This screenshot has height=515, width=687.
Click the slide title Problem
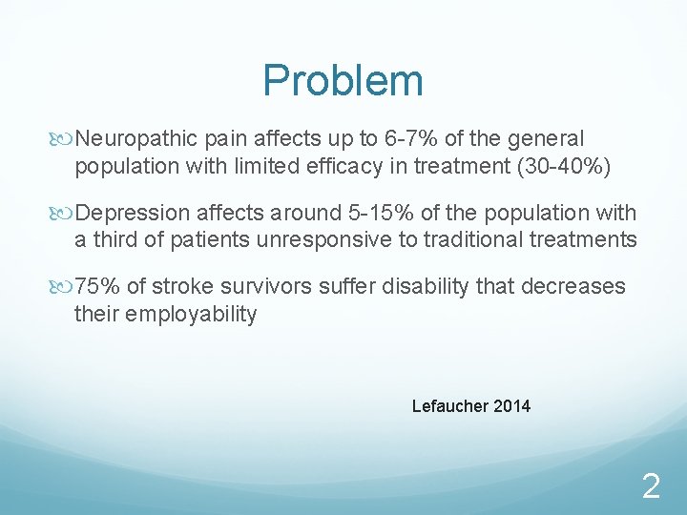[343, 81]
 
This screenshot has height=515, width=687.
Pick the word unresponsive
[323, 240]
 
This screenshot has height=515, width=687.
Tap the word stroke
[182, 287]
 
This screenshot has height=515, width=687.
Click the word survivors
[260, 287]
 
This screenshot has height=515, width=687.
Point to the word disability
[425, 287]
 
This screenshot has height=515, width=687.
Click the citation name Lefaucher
[450, 406]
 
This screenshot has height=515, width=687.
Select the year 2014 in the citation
[512, 406]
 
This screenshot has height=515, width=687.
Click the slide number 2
[651, 488]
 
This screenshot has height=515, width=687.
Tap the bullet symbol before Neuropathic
[64, 140]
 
